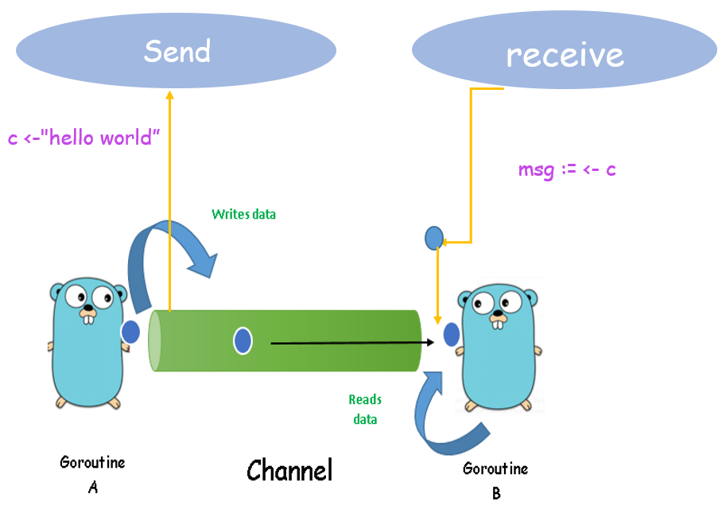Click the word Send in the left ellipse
pos(177,52)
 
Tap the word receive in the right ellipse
pos(565,55)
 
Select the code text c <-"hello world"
pos(84,138)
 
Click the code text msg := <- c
pos(567,169)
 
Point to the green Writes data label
pos(243,214)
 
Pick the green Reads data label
pos(365,409)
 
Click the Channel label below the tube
pos(289,470)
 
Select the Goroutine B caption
pos(495,480)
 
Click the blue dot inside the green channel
pos(243,341)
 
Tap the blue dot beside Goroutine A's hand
pos(130,332)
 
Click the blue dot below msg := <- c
pos(433,237)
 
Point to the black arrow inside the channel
pos(350,343)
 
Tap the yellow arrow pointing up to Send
pos(169,199)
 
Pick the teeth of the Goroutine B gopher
pos(498,323)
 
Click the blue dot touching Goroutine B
pos(452,335)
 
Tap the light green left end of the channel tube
pos(156,341)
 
